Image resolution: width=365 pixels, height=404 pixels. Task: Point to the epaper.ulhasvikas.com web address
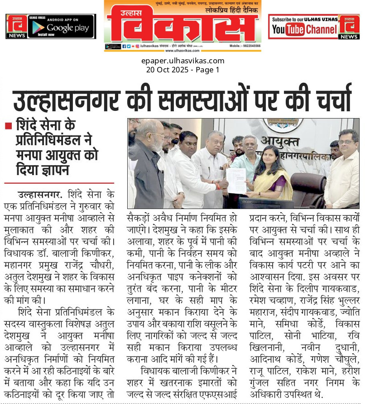coord(182,61)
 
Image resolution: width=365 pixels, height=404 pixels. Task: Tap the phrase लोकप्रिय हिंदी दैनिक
coord(230,10)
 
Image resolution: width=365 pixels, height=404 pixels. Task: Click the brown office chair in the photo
coord(308,185)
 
